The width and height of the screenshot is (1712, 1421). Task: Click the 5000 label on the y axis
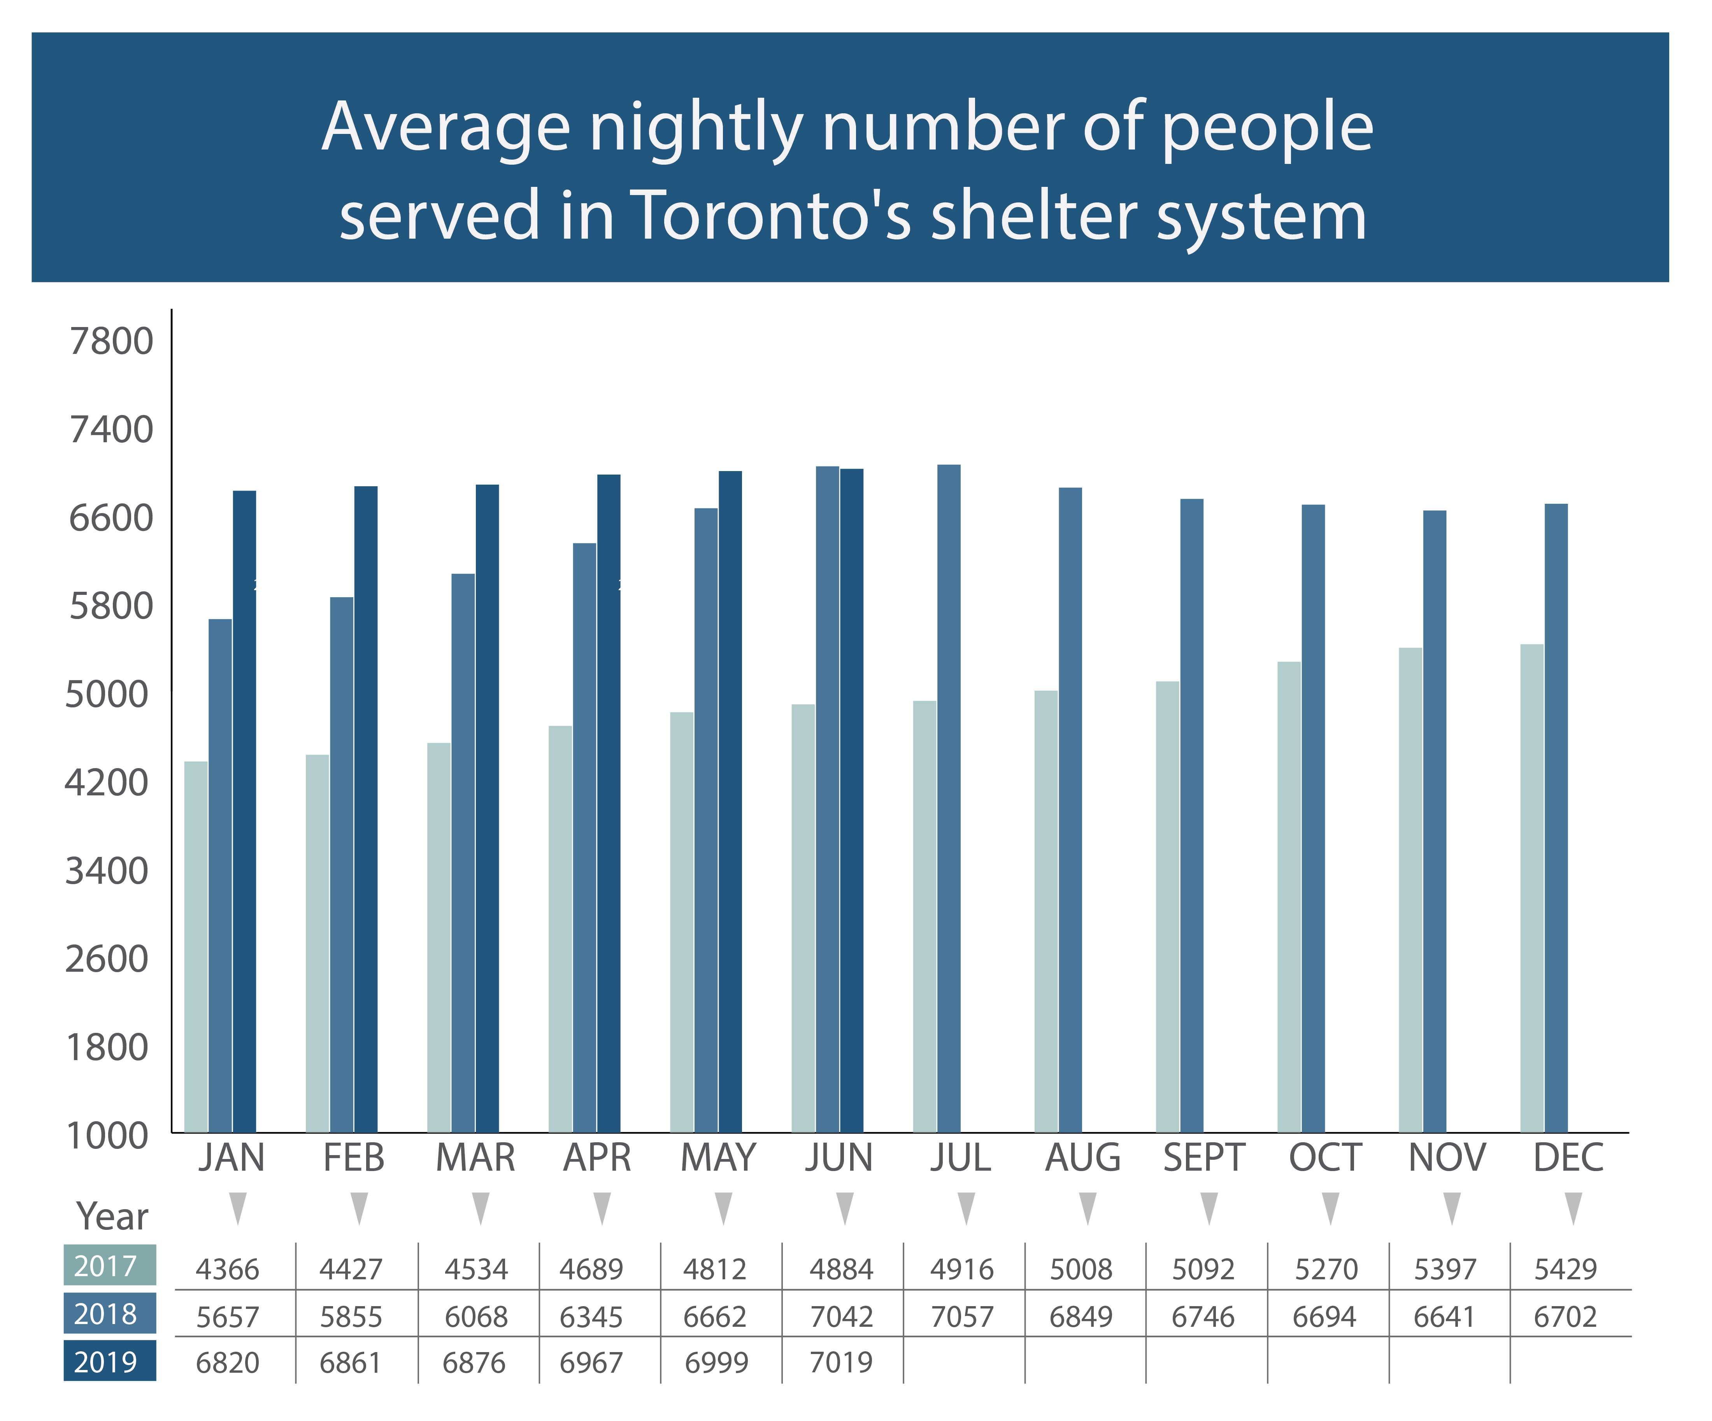tap(107, 694)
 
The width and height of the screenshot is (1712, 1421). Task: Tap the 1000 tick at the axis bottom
tap(107, 1136)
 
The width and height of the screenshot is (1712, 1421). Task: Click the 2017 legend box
tap(110, 1265)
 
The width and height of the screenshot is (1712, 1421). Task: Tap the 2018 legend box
tap(110, 1313)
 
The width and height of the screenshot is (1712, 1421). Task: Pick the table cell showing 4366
tap(228, 1269)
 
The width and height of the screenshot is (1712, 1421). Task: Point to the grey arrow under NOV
tap(1452, 1207)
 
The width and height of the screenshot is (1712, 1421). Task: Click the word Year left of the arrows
tap(112, 1216)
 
